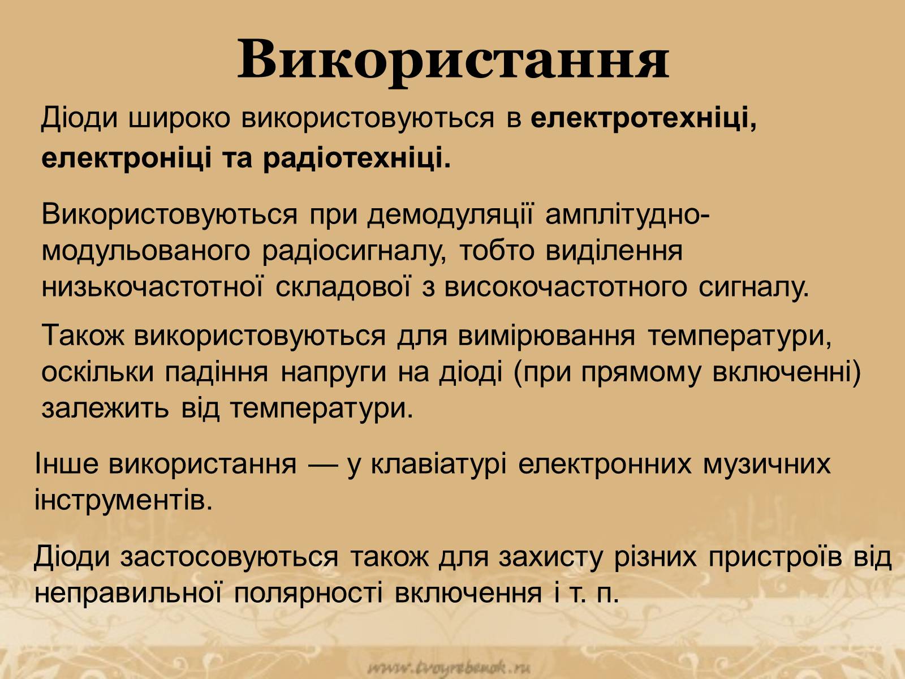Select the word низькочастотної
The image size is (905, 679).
pos(152,287)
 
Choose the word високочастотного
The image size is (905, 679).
pos(566,287)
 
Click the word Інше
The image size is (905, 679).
pos(67,463)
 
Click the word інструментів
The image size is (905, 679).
pos(123,500)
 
